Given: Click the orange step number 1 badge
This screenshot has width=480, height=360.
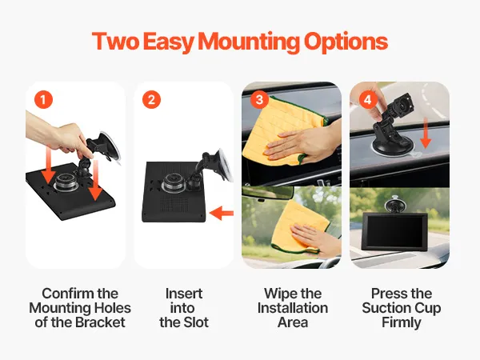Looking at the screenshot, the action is pos(43,99).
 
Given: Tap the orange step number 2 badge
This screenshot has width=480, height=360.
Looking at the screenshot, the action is pos(151,99).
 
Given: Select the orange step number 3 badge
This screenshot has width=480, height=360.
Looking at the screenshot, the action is pos(259,99).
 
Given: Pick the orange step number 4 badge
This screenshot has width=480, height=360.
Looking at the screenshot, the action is pos(368,99).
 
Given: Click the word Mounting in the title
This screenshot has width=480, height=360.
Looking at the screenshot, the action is pos(249,42).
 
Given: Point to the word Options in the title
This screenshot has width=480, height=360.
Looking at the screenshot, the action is pos(346,42).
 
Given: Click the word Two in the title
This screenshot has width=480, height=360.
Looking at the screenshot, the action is pos(115,41).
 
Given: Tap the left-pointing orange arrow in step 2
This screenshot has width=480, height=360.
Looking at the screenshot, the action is pos(222,213).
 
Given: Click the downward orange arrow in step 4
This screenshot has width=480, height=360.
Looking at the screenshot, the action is pos(426,133).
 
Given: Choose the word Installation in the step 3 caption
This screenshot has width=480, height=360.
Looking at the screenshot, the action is pos(293,308).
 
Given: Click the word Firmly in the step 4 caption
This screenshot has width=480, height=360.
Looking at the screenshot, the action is pos(402,323).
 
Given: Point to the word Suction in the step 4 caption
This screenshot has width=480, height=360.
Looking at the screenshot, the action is pos(385,308).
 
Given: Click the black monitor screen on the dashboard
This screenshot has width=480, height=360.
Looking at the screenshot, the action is pos(395,232).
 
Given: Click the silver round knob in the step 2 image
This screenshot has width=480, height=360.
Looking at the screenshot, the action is pos(174,182).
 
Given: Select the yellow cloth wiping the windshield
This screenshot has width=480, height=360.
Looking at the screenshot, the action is pos(300,228).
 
